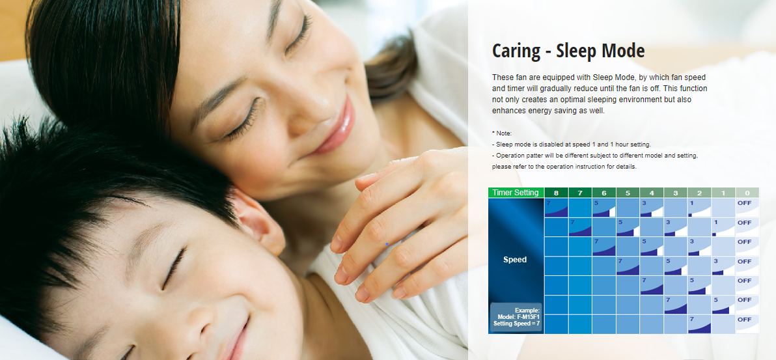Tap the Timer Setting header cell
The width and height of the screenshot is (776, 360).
516,193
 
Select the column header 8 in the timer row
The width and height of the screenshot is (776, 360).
556,193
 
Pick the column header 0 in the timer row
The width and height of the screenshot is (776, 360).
747,193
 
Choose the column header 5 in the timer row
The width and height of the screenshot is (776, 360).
628,193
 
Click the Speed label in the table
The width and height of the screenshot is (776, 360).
515,260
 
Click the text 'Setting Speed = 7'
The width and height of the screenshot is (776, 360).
516,324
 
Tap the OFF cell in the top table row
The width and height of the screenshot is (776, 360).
747,208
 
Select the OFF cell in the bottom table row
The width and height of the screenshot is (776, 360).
747,324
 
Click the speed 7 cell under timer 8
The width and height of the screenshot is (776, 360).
556,208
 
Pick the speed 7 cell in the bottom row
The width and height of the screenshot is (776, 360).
700,324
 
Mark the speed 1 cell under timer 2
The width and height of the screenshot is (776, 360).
700,208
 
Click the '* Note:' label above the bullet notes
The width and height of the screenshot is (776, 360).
502,133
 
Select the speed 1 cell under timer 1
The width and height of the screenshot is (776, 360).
723,227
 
